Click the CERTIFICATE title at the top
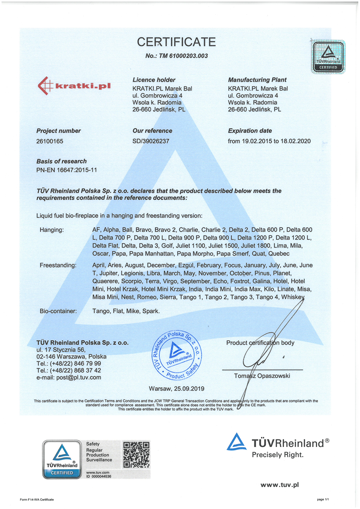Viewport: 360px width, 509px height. pos(176,42)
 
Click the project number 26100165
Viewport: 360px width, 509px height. pos(50,141)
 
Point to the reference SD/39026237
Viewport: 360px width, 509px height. pos(151,141)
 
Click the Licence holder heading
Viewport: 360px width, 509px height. pos(153,80)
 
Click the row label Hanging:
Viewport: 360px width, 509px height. pos(51,230)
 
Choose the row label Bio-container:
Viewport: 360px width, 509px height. pos(58,311)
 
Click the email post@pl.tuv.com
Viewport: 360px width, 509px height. pos(68,377)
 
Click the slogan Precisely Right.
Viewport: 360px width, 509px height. pos(278,455)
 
